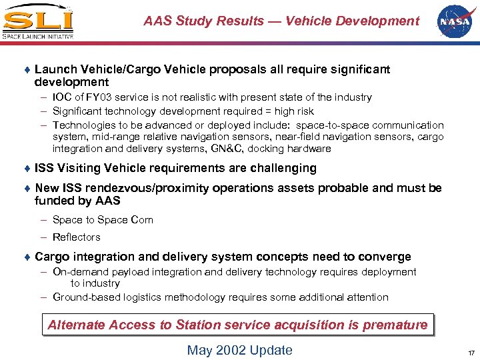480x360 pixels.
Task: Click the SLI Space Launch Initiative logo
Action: tap(37, 21)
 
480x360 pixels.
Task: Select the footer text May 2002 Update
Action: tap(240, 350)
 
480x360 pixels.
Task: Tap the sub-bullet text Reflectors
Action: tap(76, 237)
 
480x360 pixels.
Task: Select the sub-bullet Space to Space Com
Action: tap(103, 220)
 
